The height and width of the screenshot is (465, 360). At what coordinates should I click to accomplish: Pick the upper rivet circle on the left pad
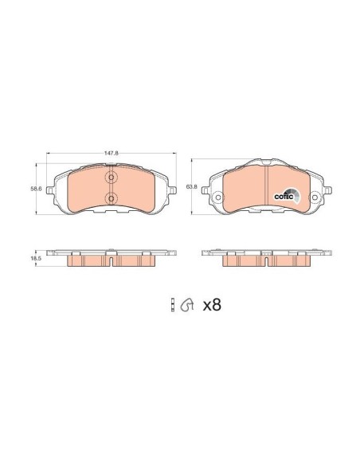111,178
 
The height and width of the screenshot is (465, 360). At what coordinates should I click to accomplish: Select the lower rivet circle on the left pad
111,197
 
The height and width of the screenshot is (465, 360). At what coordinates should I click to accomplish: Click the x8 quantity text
211,304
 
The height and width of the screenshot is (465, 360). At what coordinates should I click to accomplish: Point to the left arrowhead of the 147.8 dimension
49,151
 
